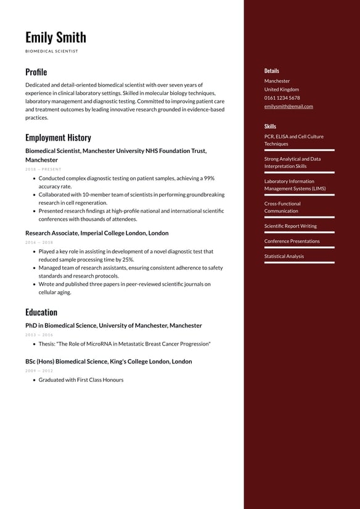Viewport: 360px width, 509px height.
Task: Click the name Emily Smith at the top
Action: coord(55,37)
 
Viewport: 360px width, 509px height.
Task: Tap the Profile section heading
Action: coord(36,72)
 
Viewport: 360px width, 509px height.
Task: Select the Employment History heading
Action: coord(58,138)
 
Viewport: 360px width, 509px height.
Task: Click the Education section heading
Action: coord(41,312)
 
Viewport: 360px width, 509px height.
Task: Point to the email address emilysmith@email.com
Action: coord(288,106)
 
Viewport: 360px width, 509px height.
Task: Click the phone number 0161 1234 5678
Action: coord(282,97)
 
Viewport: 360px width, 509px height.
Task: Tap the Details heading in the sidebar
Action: coord(272,71)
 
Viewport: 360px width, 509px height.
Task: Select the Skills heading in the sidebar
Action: coord(270,126)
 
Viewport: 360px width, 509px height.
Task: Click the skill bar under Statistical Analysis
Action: coord(300,262)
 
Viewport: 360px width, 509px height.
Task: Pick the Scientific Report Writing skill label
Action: coord(290,226)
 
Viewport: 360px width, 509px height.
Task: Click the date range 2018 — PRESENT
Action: coord(43,169)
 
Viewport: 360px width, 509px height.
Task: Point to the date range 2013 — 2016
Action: coord(39,335)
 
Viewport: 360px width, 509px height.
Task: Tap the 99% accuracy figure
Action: coord(209,178)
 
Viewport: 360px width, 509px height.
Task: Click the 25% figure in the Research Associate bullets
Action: coord(128,260)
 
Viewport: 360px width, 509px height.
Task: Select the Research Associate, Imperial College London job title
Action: coord(97,233)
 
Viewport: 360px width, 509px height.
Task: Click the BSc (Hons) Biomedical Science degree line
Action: coord(108,362)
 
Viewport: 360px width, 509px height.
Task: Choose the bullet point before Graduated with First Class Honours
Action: coord(33,380)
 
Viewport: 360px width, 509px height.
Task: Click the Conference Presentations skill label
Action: coord(292,241)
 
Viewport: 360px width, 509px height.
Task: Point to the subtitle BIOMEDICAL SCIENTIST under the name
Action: coord(52,51)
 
